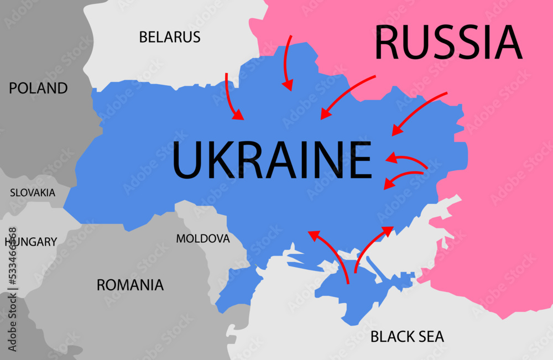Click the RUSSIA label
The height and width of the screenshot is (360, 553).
(x=448, y=43)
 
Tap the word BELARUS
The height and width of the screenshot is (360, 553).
(x=169, y=37)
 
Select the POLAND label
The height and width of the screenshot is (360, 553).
(x=38, y=88)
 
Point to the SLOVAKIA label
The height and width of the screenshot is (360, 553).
(x=33, y=193)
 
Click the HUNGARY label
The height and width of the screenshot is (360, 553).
(x=31, y=242)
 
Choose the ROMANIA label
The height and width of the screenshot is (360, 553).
(x=130, y=285)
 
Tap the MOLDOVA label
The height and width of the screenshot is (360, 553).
(x=202, y=238)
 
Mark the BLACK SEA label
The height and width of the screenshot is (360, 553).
(x=407, y=336)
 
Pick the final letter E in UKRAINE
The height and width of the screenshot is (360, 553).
(x=361, y=160)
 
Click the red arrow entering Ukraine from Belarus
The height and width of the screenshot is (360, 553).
(x=232, y=97)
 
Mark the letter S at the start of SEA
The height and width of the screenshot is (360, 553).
(x=418, y=336)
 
